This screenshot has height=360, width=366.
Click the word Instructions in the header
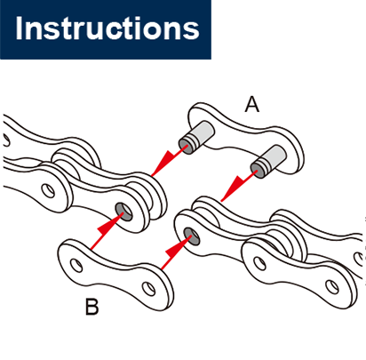coord(107,28)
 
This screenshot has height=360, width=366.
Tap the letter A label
coord(252,106)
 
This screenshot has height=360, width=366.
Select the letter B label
coord(91,308)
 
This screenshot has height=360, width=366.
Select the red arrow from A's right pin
coord(235,188)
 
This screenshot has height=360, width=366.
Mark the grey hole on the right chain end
coord(190,236)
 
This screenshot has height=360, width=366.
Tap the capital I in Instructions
coord(21,28)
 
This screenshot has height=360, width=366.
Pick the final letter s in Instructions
coord(189,31)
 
